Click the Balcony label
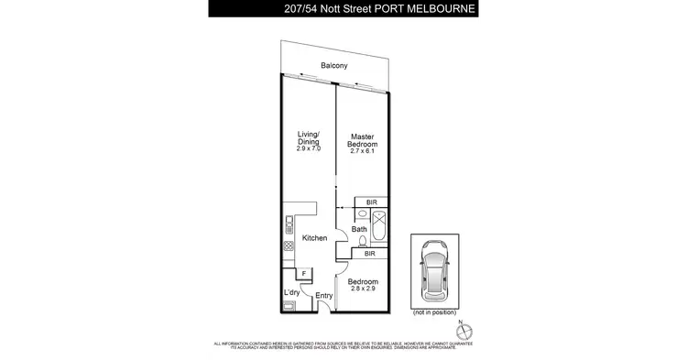pos(332,65)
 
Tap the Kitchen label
pos(315,238)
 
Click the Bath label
pos(359,229)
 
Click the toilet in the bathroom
pos(363,243)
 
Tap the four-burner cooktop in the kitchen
pos(288,245)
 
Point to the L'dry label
pos(292,292)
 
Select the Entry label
pos(323,296)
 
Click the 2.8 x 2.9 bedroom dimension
pos(364,289)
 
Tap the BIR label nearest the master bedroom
pos(370,202)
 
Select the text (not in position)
pos(431,312)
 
